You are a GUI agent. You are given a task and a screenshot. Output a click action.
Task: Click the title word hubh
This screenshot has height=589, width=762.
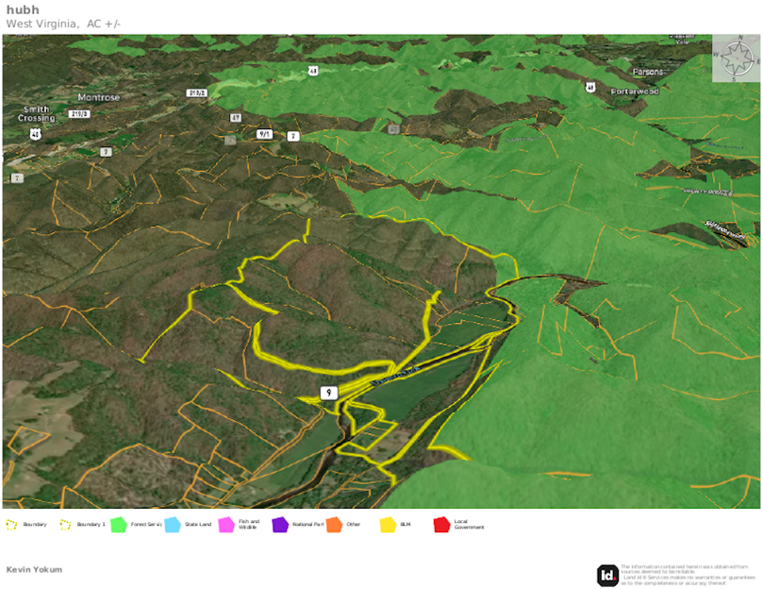[23, 10]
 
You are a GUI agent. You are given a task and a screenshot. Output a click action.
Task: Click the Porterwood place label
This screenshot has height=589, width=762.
[634, 91]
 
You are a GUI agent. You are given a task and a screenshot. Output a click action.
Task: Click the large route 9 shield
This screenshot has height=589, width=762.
[327, 393]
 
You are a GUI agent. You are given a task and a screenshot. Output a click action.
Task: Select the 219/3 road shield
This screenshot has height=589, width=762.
[79, 114]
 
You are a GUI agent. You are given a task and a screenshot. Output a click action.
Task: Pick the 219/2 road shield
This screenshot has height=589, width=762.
[197, 93]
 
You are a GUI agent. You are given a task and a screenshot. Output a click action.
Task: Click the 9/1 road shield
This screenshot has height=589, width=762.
[264, 134]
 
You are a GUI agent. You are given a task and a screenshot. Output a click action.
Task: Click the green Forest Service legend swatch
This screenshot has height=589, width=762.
[119, 524]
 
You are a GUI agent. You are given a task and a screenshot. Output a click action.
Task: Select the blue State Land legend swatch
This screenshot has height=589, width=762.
[173, 524]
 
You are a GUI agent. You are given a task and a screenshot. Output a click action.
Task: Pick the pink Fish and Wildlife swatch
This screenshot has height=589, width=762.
[226, 524]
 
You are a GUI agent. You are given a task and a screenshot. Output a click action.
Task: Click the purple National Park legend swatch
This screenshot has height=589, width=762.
[280, 524]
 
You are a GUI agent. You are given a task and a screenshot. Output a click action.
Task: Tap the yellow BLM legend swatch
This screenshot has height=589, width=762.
[388, 524]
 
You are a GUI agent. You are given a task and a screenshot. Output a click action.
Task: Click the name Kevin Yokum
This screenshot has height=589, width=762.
[34, 569]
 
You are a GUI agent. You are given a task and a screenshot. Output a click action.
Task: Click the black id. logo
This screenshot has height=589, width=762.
[607, 575]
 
